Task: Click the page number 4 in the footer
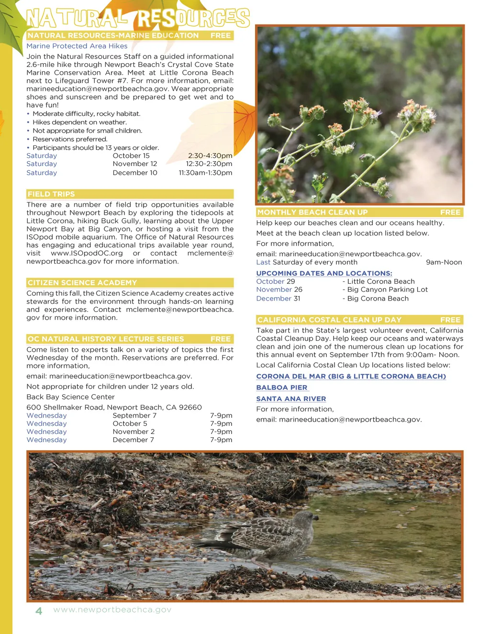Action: click(39, 611)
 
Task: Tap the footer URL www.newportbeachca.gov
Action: click(112, 610)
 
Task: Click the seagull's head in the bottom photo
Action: click(306, 518)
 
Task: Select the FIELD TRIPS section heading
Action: click(51, 194)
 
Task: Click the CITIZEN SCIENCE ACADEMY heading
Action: click(82, 282)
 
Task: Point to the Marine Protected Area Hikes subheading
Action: click(77, 46)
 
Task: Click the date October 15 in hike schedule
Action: click(131, 156)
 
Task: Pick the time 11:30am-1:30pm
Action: click(205, 173)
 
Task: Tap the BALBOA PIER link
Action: click(282, 388)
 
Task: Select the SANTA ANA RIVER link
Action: click(291, 399)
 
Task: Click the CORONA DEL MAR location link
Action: click(351, 376)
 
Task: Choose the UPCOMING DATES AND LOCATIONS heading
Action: click(324, 273)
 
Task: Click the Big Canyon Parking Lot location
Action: click(387, 289)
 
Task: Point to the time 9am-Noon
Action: click(444, 262)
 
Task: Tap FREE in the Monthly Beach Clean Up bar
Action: click(450, 212)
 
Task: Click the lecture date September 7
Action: click(134, 415)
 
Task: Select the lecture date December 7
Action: click(133, 440)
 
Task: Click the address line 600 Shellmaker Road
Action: click(114, 407)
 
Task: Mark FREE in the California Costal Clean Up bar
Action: click(450, 320)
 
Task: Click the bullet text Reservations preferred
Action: click(70, 139)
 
